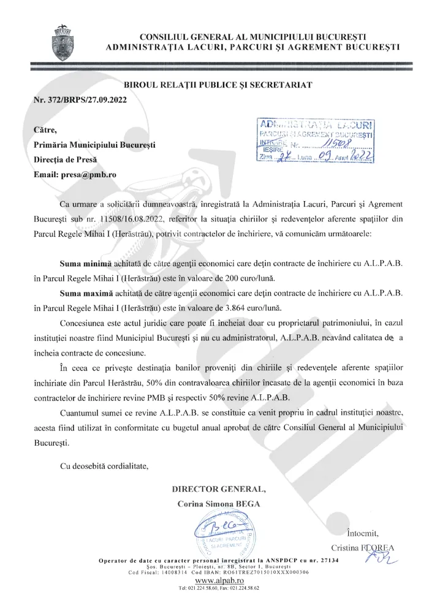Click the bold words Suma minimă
[x=86, y=264]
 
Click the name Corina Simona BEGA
[x=219, y=504]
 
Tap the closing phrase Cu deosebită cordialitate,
[x=104, y=466]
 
